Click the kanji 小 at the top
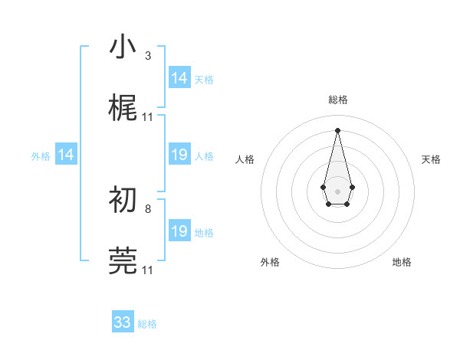coord(123,47)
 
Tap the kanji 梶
coord(123,108)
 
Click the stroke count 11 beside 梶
coord(148,116)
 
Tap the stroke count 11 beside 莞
coord(148,270)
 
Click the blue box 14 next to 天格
coord(179,78)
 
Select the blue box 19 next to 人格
coord(179,155)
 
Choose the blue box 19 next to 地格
coord(179,231)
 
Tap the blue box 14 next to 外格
coord(66,155)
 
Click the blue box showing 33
coord(123,322)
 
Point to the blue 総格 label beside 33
coord(147,324)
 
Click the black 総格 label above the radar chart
coord(338,100)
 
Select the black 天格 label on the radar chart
coord(431,159)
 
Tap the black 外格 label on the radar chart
coord(270,262)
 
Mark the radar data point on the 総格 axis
coord(337,129)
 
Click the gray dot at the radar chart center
coord(337,190)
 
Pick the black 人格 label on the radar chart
coord(245,159)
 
